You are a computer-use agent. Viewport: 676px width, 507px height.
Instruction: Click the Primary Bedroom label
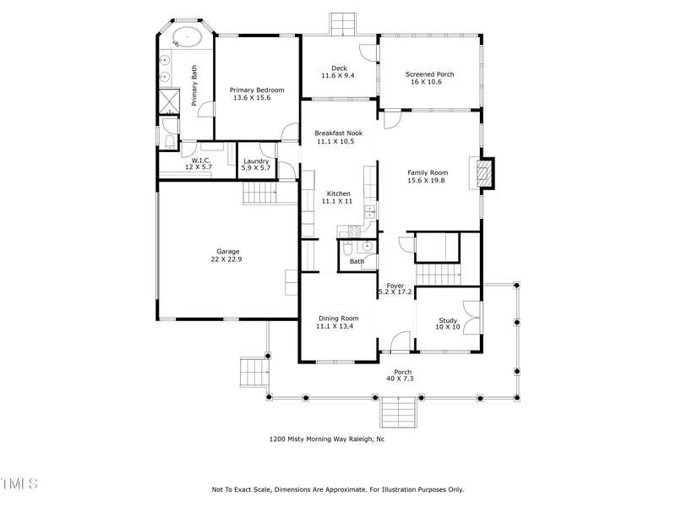257,90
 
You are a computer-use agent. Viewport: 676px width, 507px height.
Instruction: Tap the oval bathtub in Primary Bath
186,37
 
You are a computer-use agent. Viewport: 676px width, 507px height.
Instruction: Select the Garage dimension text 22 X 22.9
227,259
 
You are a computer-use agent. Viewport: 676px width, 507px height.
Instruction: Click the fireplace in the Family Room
484,175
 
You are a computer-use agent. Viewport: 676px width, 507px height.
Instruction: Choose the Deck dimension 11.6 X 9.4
339,75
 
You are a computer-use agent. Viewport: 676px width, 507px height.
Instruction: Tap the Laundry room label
256,161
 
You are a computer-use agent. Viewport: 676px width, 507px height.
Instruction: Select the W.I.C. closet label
200,160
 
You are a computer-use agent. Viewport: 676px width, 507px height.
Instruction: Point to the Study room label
448,320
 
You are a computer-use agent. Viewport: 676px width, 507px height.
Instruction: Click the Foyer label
395,286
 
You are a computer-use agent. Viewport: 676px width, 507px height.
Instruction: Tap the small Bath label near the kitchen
357,262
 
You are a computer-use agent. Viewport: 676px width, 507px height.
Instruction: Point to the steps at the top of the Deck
343,24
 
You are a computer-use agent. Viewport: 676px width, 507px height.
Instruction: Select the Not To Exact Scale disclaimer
337,489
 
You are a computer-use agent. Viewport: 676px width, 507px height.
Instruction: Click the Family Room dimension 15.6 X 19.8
428,180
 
